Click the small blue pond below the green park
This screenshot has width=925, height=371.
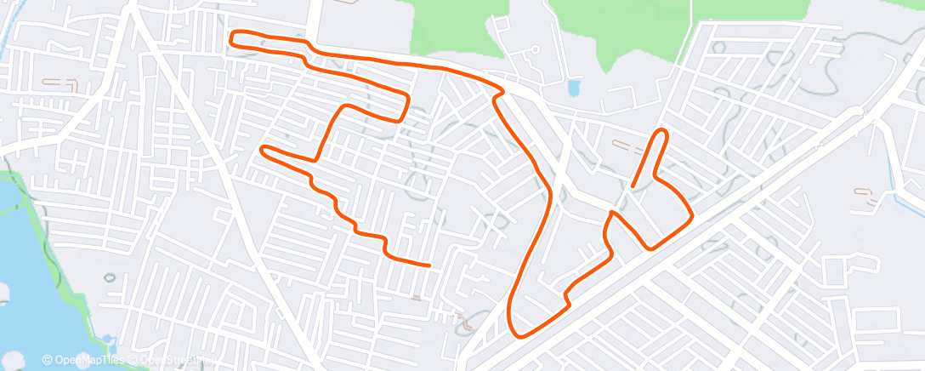574,88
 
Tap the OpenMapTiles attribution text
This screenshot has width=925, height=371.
88,361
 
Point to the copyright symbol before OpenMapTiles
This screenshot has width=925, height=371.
48,361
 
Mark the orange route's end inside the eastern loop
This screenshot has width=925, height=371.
633,185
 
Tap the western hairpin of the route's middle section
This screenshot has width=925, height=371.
264,151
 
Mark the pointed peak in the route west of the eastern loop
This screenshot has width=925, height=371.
612,213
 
